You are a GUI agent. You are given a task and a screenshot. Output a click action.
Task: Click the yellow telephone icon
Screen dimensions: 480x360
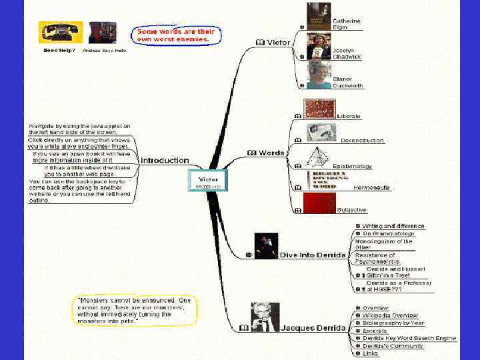[60, 32]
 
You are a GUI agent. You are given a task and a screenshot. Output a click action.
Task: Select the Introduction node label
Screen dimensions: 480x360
[165, 161]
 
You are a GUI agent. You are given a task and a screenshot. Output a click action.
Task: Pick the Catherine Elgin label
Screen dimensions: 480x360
[347, 24]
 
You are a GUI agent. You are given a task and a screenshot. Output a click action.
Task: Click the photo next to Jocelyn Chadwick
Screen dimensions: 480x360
[319, 47]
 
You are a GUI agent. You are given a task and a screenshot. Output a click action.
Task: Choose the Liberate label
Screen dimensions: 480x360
[349, 116]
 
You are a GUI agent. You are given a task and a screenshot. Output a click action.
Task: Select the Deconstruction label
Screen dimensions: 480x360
[362, 141]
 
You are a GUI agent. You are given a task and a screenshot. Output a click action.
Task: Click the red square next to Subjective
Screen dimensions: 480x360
[319, 203]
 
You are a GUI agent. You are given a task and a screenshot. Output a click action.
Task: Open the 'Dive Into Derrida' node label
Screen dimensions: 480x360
[312, 255]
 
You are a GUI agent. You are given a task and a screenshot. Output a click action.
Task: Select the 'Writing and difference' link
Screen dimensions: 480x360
[393, 226]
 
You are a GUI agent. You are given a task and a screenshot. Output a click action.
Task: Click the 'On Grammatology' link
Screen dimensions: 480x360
[388, 234]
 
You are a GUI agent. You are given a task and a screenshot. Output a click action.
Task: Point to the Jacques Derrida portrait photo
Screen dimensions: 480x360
[265, 317]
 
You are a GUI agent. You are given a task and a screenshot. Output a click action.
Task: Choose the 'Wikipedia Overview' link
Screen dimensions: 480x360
[390, 315]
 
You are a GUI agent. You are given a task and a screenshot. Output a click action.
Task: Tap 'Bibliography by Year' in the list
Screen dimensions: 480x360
[393, 323]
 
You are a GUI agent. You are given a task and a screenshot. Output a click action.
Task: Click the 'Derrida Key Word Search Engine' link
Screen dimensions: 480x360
[409, 339]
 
